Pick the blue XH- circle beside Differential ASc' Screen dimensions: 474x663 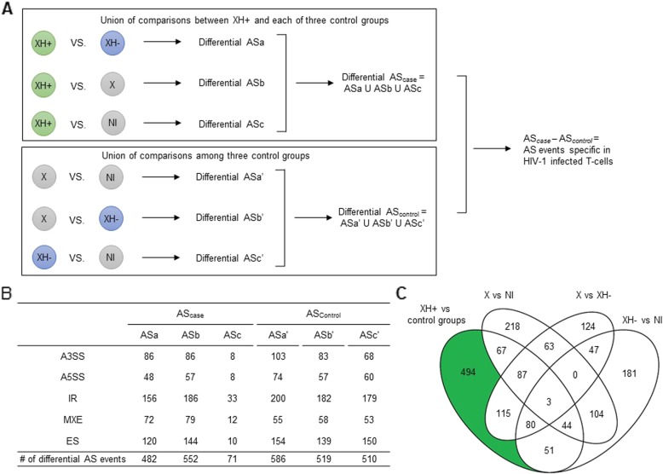click(42, 255)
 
